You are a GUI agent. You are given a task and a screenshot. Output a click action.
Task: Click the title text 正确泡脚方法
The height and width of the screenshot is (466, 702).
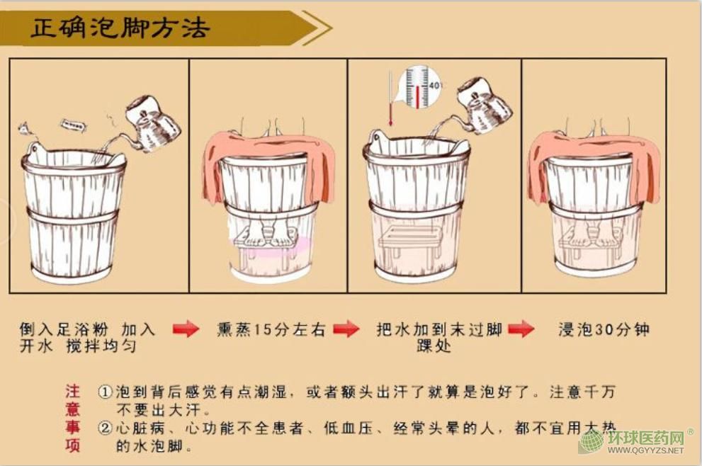[120, 28]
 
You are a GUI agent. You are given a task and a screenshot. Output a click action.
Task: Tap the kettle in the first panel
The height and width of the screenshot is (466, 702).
[152, 123]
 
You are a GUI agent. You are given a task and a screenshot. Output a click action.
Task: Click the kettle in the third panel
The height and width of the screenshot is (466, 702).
[484, 106]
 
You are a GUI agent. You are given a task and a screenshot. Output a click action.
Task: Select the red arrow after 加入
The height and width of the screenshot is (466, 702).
[186, 329]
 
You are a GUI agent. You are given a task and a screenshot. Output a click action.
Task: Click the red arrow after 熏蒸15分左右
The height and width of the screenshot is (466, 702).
[346, 329]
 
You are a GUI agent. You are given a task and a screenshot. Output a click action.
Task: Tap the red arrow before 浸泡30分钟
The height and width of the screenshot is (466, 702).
[521, 329]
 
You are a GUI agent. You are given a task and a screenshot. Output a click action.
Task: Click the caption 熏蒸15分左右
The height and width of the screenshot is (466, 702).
[271, 329]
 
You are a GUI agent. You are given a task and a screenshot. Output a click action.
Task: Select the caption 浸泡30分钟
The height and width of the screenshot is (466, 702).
[604, 329]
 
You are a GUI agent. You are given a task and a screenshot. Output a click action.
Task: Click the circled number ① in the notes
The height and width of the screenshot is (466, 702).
[105, 392]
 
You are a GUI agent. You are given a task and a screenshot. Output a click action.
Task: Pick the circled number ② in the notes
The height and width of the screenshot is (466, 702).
[105, 428]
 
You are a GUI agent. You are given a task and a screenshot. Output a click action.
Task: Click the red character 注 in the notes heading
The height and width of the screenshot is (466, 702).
[72, 392]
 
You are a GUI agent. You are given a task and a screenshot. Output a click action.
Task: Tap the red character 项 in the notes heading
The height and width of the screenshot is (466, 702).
[72, 445]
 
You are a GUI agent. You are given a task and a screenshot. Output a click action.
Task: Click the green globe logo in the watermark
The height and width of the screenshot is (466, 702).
[591, 442]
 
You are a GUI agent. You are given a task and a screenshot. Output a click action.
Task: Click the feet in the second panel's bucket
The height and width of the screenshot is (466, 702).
[268, 235]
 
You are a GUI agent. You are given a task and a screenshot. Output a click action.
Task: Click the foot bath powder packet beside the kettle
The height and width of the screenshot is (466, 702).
[74, 125]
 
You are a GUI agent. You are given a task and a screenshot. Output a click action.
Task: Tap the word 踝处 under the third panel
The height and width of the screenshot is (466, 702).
[434, 346]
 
